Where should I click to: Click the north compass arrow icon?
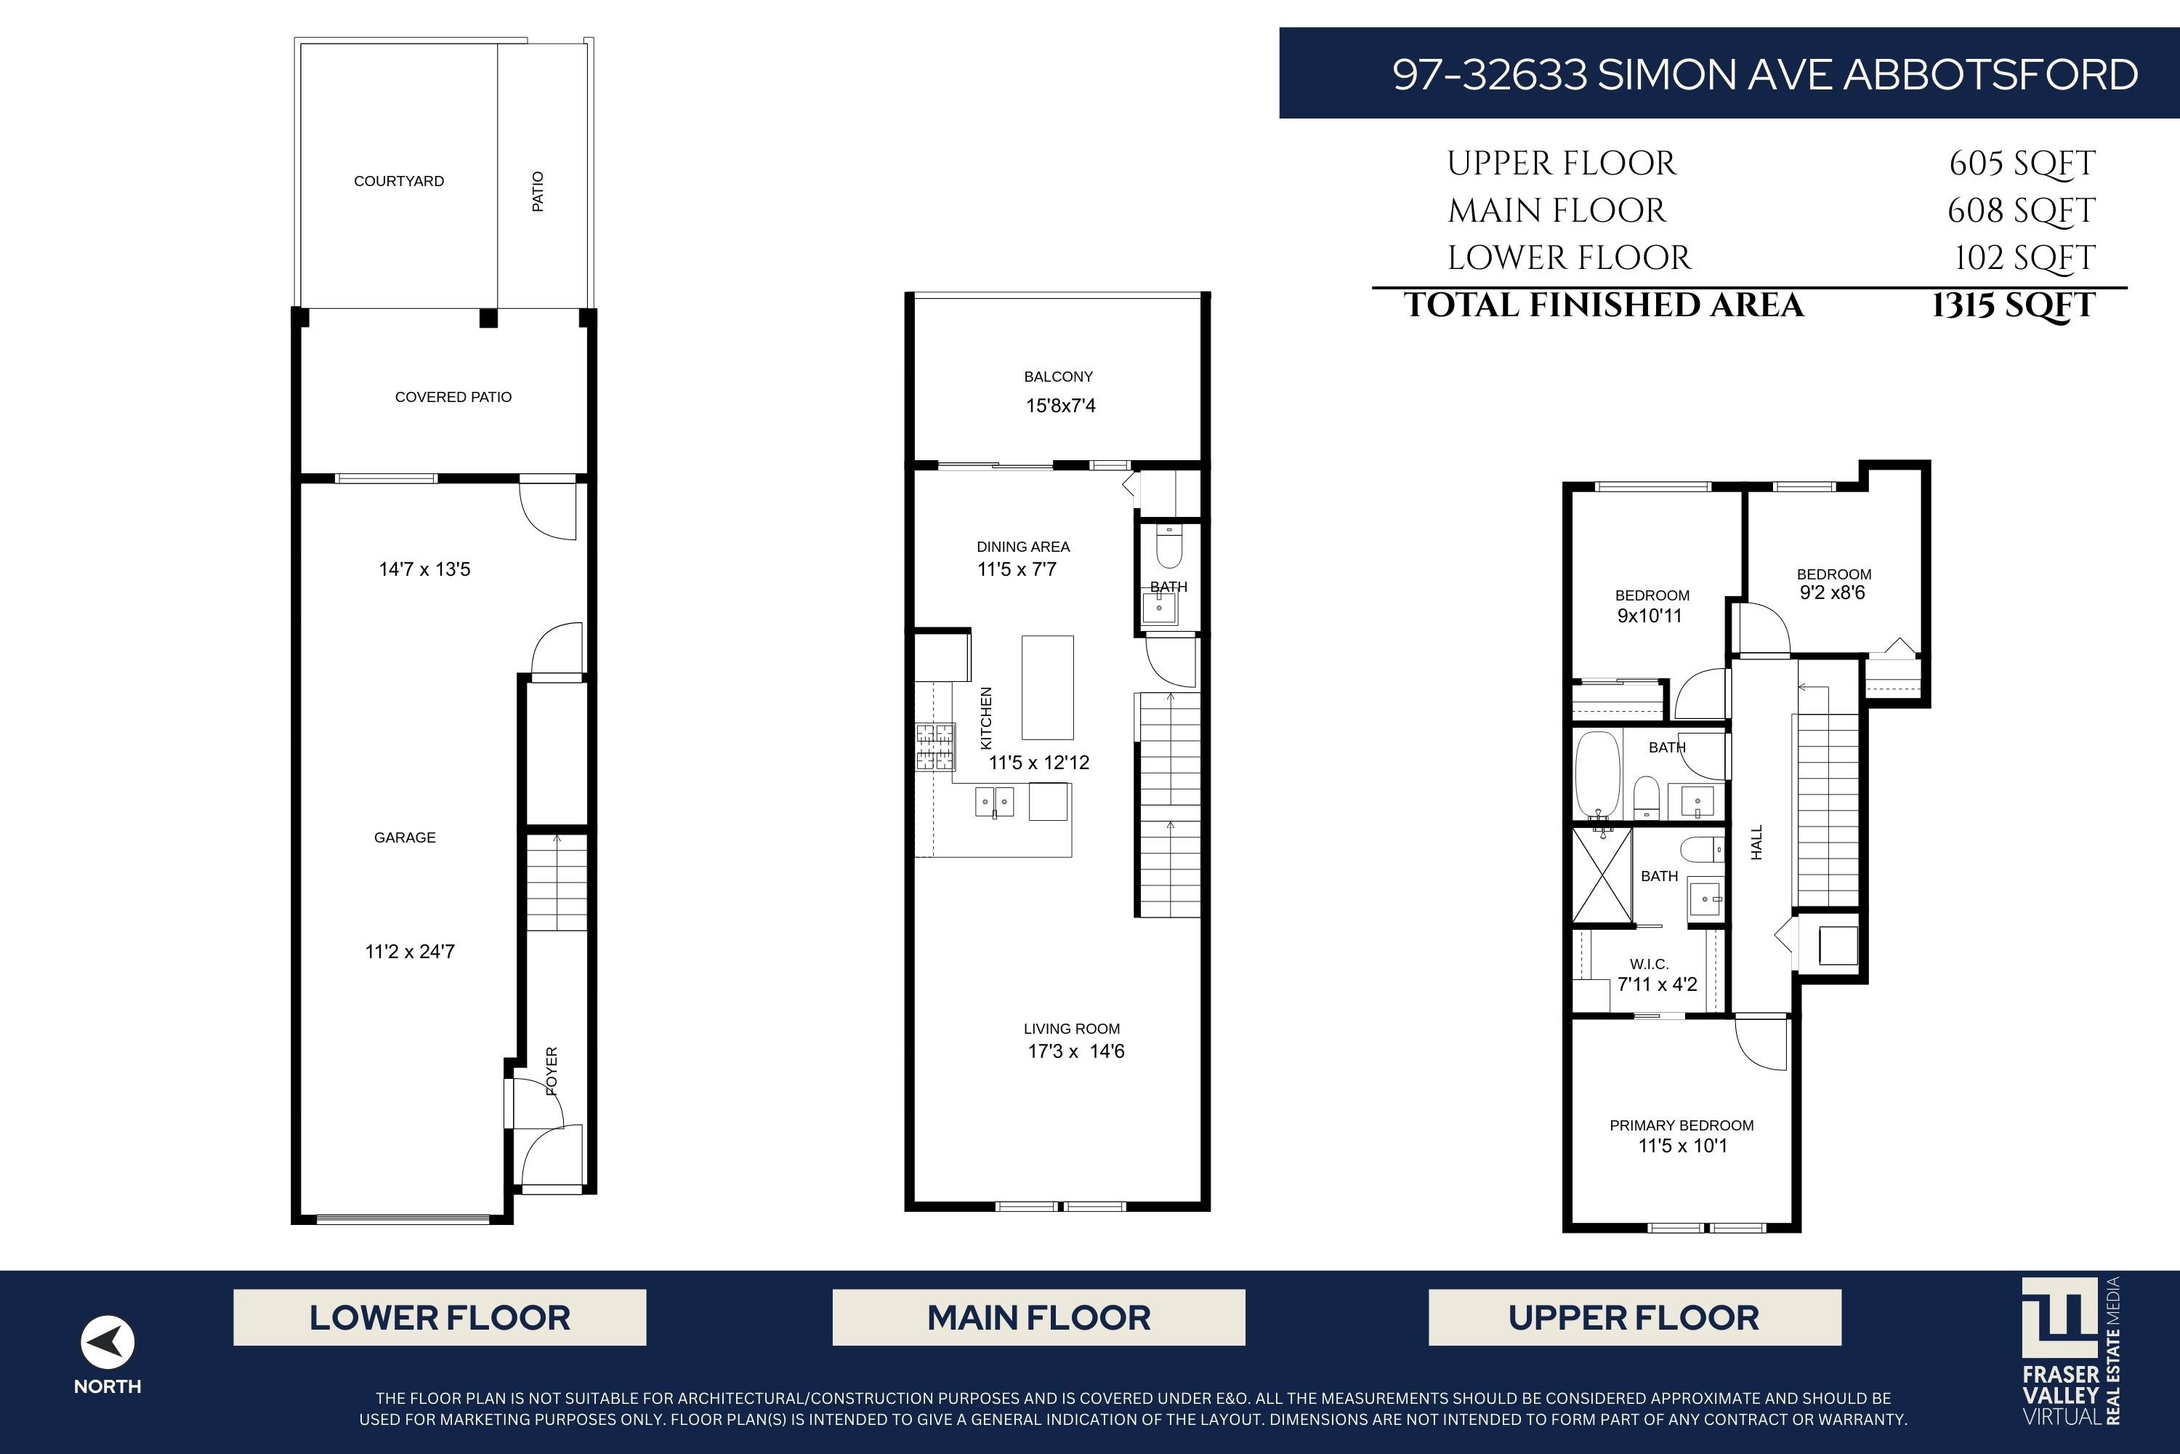click(x=108, y=1342)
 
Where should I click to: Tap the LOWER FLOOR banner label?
click(x=440, y=1317)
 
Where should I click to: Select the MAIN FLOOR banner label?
click(x=1038, y=1317)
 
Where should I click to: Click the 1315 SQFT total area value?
click(x=2013, y=305)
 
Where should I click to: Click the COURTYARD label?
click(x=398, y=181)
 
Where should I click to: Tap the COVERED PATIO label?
click(x=453, y=397)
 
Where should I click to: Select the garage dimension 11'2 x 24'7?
click(x=410, y=952)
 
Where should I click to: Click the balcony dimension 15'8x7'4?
click(x=1060, y=405)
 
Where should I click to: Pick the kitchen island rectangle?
click(x=1047, y=687)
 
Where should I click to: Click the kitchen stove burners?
click(x=935, y=747)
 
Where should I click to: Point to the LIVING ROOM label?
click(x=1071, y=1029)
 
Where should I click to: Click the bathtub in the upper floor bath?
click(x=1598, y=775)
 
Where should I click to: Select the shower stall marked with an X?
click(x=1602, y=875)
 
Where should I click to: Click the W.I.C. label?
click(x=1649, y=965)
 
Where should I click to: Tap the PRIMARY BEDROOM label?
click(x=1682, y=1125)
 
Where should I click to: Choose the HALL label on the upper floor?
click(x=1756, y=843)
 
